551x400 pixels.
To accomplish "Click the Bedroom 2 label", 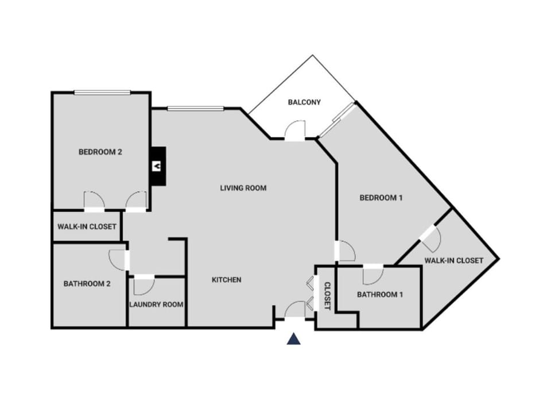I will pos(100,152).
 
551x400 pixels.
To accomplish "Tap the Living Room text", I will pos(243,188).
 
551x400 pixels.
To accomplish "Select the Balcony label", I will pos(304,103).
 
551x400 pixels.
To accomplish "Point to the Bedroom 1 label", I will pos(381,198).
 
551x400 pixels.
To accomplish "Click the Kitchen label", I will pos(227,280).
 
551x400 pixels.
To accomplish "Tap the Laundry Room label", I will pos(156,305).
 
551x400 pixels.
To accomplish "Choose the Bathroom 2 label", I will pos(87,283).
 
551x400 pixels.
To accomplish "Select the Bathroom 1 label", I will pos(380,295).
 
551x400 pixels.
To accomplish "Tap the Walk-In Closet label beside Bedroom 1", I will pos(453,261).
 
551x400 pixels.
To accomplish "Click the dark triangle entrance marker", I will pos(294,339).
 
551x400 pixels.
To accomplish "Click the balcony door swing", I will pos(296,130).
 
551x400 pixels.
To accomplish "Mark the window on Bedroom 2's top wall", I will pos(103,93).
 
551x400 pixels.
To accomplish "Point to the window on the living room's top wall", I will pos(195,108).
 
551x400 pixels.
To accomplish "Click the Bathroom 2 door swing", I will pos(118,259).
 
